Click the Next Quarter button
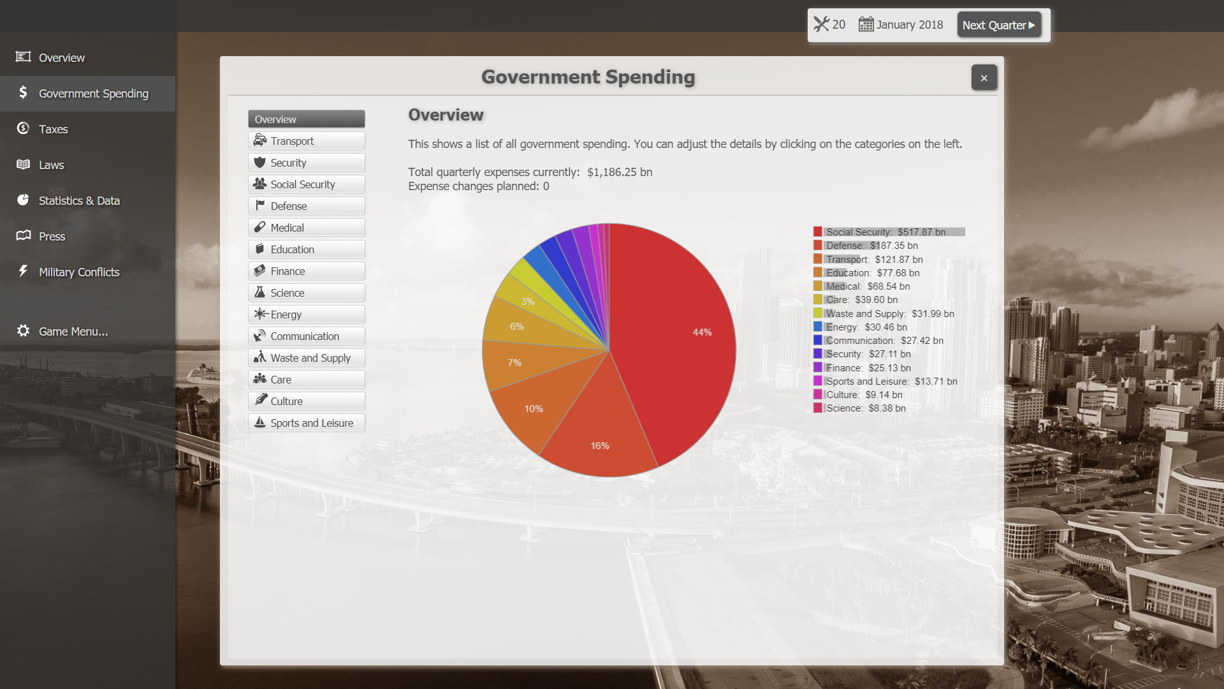point(998,25)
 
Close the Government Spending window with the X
point(984,78)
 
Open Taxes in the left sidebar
point(53,129)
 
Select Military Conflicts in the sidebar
point(78,272)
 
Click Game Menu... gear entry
point(72,331)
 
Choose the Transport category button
point(306,141)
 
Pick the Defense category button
point(306,206)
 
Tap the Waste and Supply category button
point(306,358)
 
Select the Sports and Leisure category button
point(306,423)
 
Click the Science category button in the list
point(306,293)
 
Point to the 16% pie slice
point(599,434)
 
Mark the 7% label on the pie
point(514,363)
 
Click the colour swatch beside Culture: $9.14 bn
point(817,395)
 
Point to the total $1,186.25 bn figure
point(619,172)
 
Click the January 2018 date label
point(908,25)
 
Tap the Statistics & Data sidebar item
point(78,200)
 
